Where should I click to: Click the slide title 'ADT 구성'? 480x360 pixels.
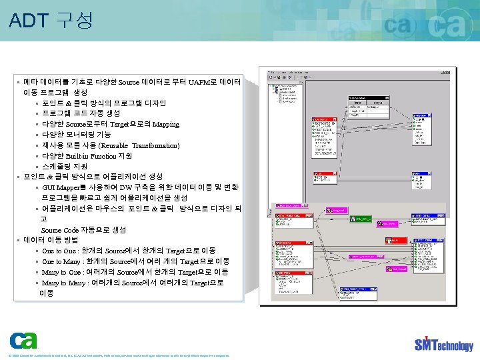[51, 21]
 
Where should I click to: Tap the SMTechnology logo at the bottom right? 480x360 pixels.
[443, 344]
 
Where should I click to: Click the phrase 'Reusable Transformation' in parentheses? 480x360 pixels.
[140, 145]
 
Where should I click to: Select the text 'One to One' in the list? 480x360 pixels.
[59, 251]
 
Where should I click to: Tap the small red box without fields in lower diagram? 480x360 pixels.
[395, 240]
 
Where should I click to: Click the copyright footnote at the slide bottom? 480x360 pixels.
[120, 355]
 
